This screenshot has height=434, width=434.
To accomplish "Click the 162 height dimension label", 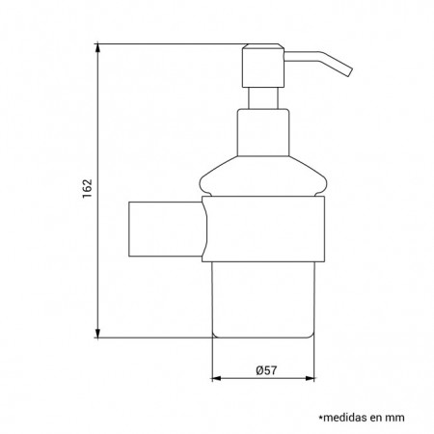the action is click(87, 189).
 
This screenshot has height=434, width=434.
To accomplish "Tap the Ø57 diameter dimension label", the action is click(266, 370).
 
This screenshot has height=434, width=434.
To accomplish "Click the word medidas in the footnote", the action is click(345, 418).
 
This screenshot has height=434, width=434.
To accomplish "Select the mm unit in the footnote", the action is click(395, 419).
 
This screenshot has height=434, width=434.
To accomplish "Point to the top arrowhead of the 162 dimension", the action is click(97, 48).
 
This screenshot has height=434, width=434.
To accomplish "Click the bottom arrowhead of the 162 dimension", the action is click(97, 333).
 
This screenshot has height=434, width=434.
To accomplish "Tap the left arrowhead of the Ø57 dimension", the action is click(216, 378).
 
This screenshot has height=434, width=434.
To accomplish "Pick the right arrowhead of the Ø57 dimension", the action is click(310, 378).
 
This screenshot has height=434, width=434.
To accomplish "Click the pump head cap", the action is click(263, 66).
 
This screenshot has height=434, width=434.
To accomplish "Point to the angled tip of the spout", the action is click(350, 72).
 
